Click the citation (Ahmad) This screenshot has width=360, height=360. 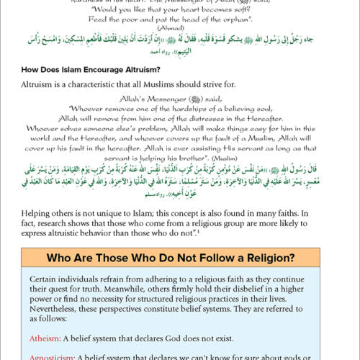(x=179, y=38)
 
